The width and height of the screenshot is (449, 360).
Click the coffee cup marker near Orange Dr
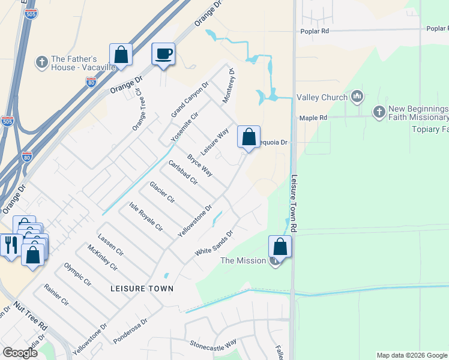[x=163, y=54]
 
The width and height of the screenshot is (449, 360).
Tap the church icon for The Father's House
[x=42, y=62]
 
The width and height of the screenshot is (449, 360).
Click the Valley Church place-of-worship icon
[x=357, y=97]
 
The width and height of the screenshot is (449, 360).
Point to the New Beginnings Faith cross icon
[x=379, y=112]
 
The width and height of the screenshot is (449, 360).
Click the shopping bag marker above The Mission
[x=280, y=246]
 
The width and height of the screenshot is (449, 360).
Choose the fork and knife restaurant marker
[x=10, y=245]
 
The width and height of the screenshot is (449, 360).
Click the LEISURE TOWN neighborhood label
[x=142, y=289]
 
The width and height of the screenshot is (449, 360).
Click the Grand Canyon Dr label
[x=189, y=99]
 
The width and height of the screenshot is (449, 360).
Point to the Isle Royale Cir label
[x=146, y=217]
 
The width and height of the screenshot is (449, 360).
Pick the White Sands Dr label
[x=213, y=244]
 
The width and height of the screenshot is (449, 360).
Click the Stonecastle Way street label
[x=212, y=345]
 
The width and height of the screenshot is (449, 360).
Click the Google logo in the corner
[x=20, y=353]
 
